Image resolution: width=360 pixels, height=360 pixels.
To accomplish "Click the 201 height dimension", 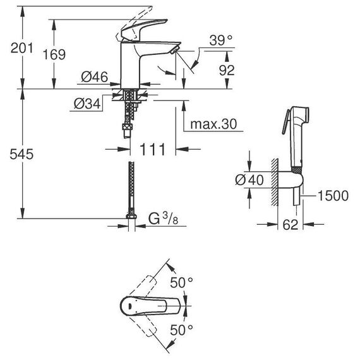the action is pyautogui.click(x=22, y=49).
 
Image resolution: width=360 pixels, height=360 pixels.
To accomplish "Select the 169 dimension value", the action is pyautogui.click(x=54, y=55).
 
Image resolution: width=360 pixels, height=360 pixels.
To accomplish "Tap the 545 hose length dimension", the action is pyautogui.click(x=21, y=154).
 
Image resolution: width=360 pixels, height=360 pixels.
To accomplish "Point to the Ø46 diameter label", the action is pyautogui.click(x=95, y=77).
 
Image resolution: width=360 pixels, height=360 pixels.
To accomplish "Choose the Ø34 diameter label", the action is pyautogui.click(x=87, y=104).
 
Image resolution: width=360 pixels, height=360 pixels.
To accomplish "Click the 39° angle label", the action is pyautogui.click(x=220, y=40).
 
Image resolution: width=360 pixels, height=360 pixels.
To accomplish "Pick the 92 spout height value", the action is pyautogui.click(x=227, y=70).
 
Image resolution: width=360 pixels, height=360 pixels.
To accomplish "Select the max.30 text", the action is pyautogui.click(x=213, y=124).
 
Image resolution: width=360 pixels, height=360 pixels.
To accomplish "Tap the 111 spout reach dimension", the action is pyautogui.click(x=152, y=150).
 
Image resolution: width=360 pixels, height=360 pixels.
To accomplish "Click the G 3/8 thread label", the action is pyautogui.click(x=163, y=219).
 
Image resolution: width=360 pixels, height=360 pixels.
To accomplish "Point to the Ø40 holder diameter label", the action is pyautogui.click(x=249, y=179).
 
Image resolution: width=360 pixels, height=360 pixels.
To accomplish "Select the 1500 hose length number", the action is pyautogui.click(x=333, y=196).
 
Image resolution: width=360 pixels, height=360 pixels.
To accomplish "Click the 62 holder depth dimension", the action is pyautogui.click(x=290, y=225).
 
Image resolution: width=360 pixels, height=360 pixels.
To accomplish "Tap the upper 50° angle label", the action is pyautogui.click(x=181, y=282).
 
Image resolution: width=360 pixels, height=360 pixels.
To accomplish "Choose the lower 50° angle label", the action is pyautogui.click(x=181, y=330).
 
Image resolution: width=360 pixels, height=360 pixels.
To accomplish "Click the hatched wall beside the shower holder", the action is pyautogui.click(x=275, y=182).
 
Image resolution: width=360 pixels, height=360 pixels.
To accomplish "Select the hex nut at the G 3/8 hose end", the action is pyautogui.click(x=131, y=216).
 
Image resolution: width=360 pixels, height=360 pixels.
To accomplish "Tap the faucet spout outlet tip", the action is pyautogui.click(x=174, y=50).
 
